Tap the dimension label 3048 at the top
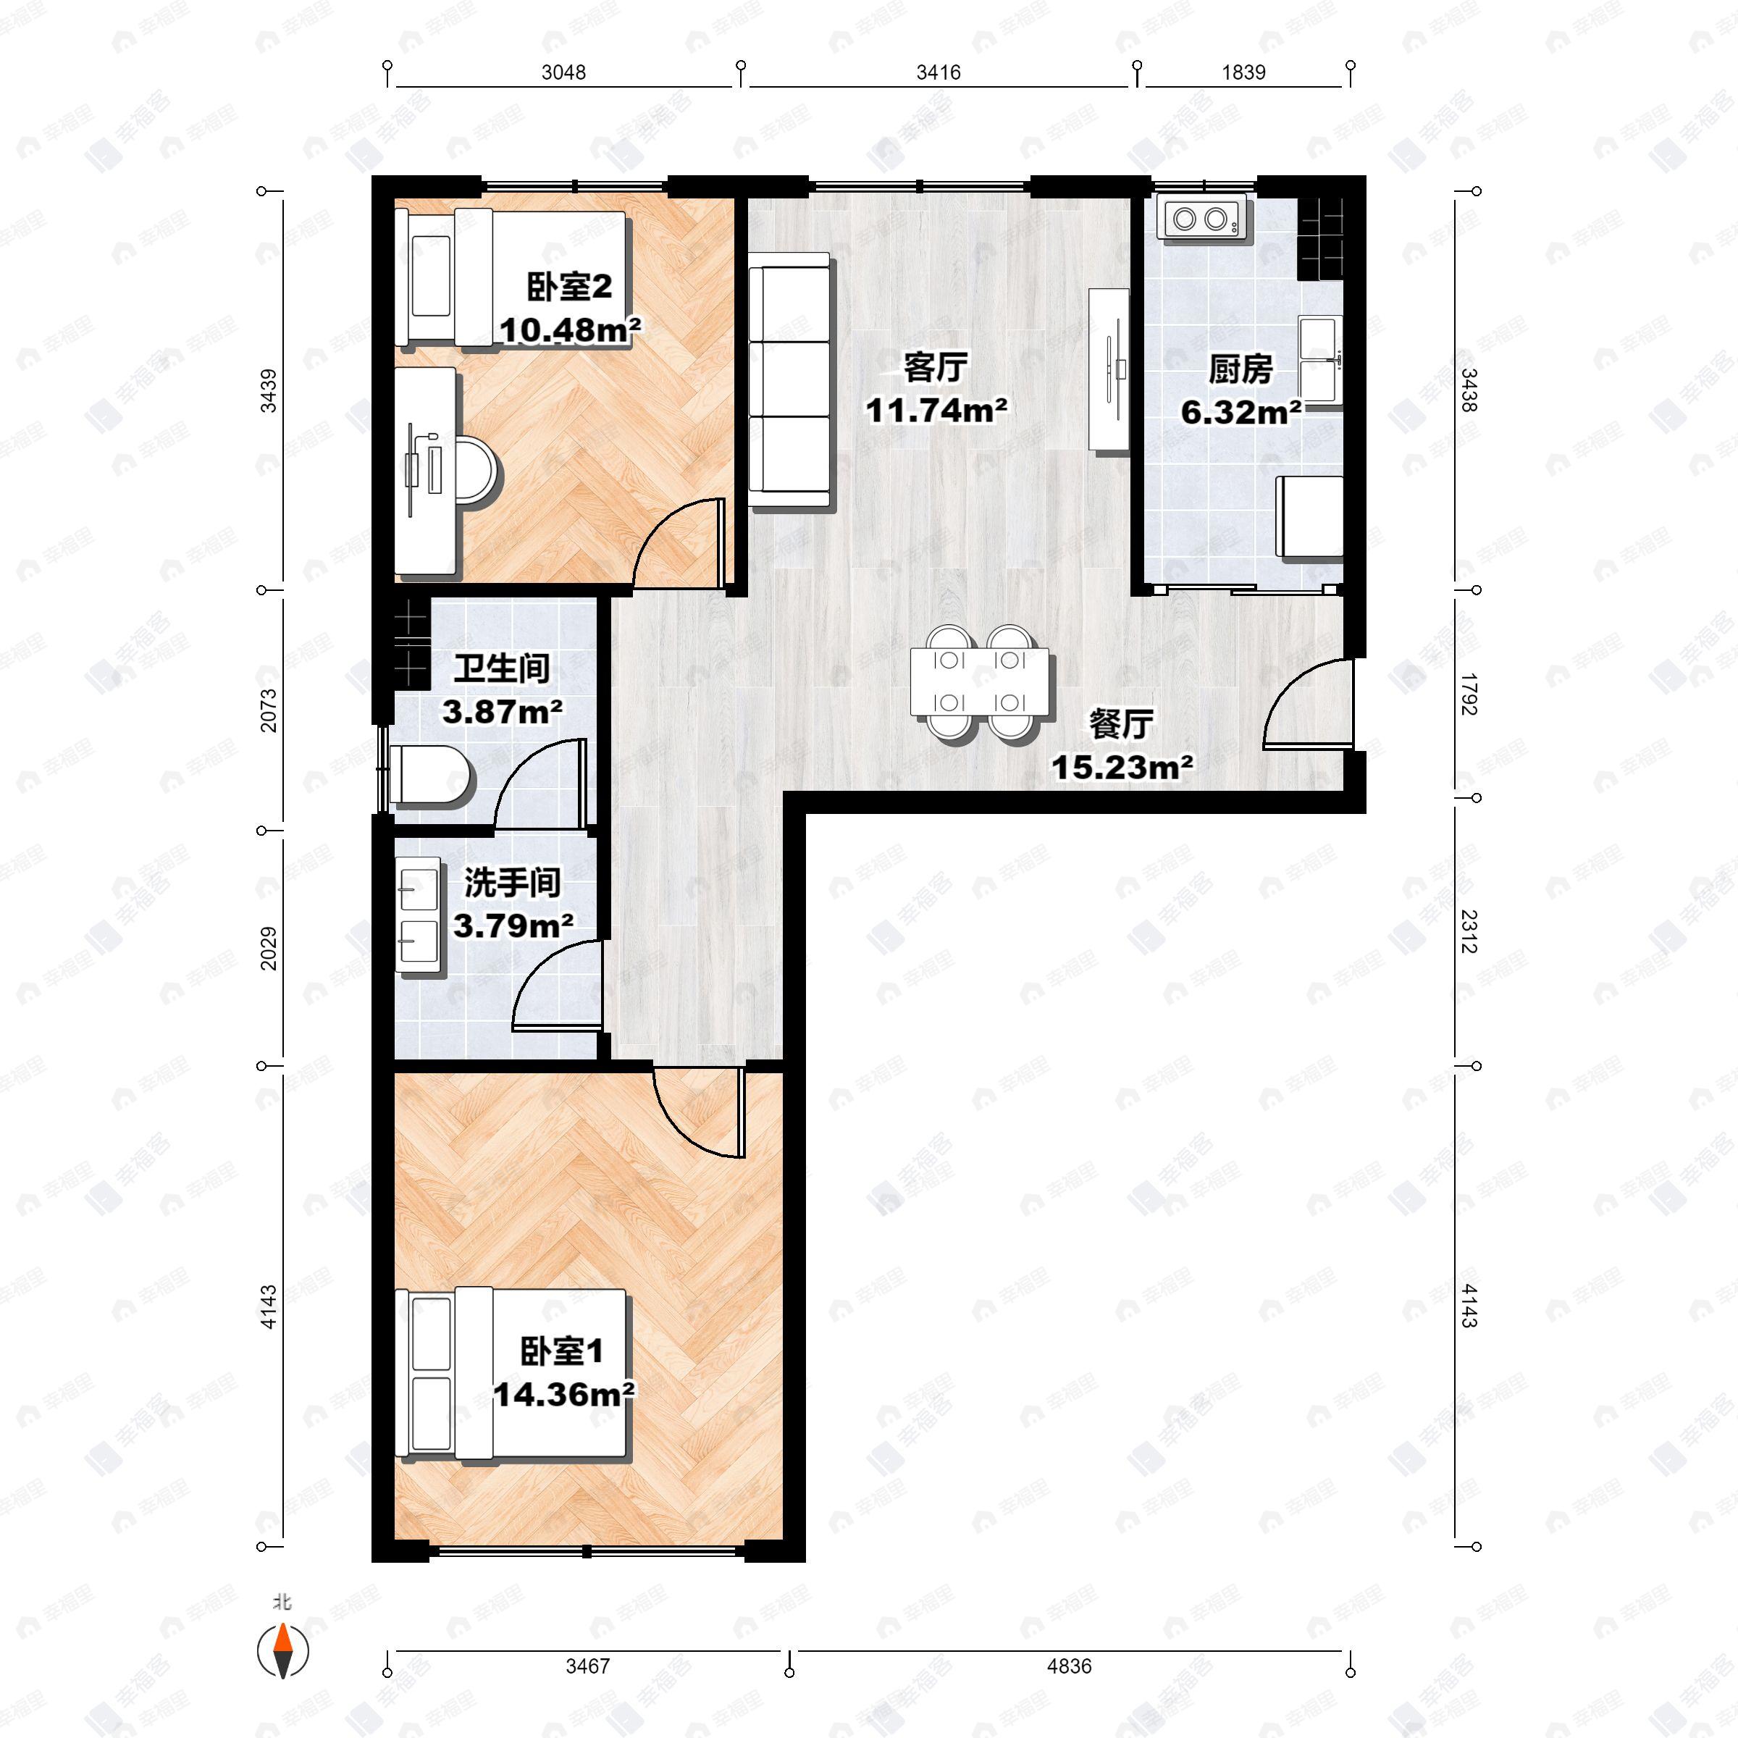(563, 72)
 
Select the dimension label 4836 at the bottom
(1069, 1666)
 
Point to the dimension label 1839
(1243, 72)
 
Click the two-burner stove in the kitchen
(1201, 218)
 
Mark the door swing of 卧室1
(698, 1111)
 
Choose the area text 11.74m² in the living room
(936, 410)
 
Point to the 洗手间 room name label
(512, 883)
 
